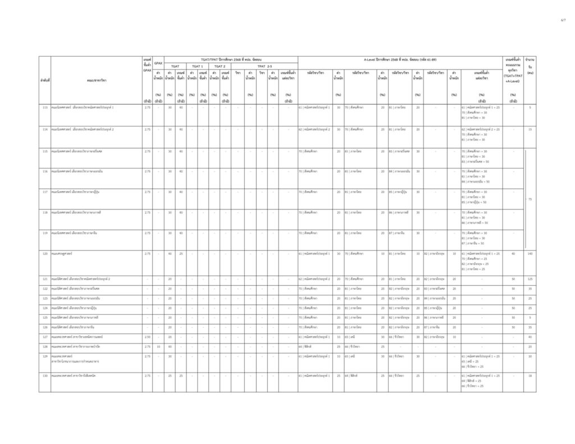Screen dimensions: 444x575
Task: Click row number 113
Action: point(44,107)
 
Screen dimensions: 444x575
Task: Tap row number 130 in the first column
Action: point(44,375)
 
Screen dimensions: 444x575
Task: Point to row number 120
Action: point(44,254)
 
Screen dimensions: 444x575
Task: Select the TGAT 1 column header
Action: point(197,66)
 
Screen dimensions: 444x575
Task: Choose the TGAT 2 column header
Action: point(220,66)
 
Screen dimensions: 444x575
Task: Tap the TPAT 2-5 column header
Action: point(264,66)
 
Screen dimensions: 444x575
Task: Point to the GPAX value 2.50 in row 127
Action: point(147,337)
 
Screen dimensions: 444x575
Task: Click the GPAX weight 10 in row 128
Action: point(158,346)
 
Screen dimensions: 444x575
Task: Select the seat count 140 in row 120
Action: point(530,254)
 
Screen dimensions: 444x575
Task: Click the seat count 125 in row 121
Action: point(530,278)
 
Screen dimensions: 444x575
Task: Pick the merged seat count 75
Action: point(530,199)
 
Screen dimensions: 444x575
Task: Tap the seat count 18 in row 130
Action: point(530,375)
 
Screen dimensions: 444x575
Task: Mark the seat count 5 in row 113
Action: point(530,107)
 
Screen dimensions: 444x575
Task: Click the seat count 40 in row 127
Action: point(530,337)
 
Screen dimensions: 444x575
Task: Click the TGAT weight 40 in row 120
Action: point(170,254)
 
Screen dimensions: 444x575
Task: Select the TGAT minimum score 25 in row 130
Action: point(181,375)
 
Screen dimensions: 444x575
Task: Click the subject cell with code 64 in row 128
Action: point(315,346)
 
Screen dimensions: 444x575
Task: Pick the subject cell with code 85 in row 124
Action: point(434,308)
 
